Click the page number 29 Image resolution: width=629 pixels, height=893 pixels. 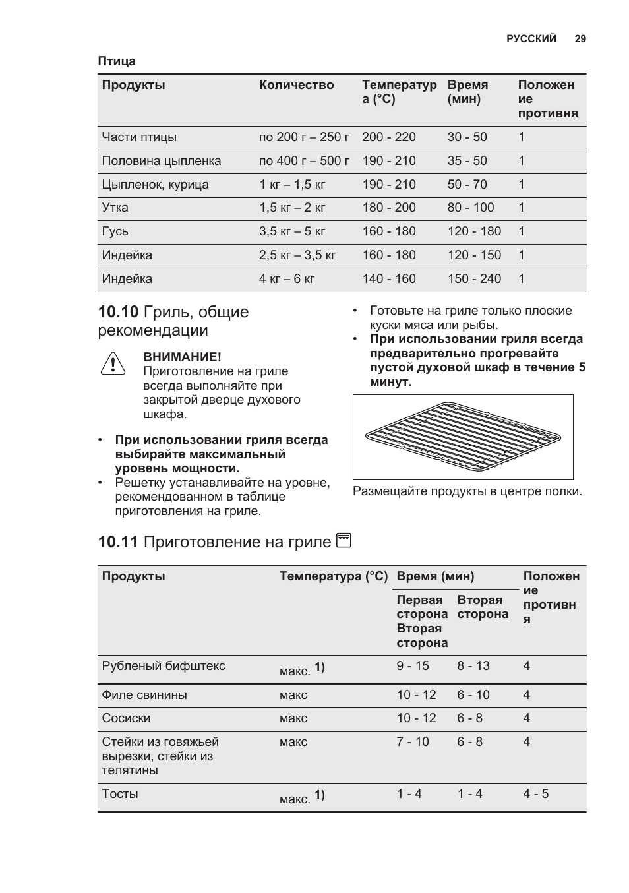(x=580, y=39)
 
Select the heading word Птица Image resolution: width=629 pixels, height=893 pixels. (x=117, y=61)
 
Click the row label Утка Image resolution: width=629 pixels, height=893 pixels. (x=115, y=208)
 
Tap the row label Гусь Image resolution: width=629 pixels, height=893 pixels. (x=115, y=231)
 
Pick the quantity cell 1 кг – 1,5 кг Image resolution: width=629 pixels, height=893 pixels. (x=292, y=185)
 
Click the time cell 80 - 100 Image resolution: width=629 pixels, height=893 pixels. (x=470, y=208)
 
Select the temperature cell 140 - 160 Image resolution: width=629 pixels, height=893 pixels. (x=388, y=279)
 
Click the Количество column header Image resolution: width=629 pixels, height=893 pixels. (x=296, y=85)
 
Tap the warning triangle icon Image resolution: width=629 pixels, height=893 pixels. (x=113, y=363)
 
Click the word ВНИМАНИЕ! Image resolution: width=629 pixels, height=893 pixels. (x=183, y=357)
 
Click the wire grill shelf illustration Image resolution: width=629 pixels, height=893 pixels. (x=463, y=437)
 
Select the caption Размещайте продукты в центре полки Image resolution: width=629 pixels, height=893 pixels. (x=467, y=491)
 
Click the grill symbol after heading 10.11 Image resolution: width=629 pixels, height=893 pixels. (x=344, y=541)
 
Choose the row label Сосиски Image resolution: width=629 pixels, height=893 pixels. (x=126, y=718)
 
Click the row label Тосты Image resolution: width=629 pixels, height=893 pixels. (x=120, y=794)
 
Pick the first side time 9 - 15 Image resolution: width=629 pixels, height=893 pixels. (x=412, y=666)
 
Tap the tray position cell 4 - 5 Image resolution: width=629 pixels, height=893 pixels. (x=535, y=794)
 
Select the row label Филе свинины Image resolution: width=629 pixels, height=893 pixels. (x=144, y=695)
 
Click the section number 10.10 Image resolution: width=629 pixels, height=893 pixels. (x=118, y=312)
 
